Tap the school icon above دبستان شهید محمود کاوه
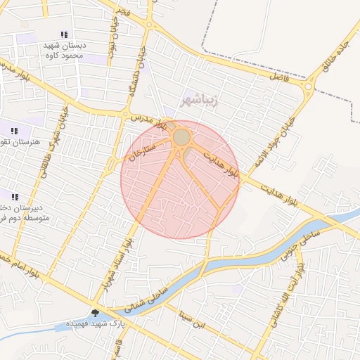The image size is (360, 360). (65, 34)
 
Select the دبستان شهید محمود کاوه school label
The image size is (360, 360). (64, 50)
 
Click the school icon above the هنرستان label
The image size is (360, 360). (14, 130)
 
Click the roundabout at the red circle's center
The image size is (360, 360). (181, 137)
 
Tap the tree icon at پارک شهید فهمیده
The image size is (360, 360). (95, 313)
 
